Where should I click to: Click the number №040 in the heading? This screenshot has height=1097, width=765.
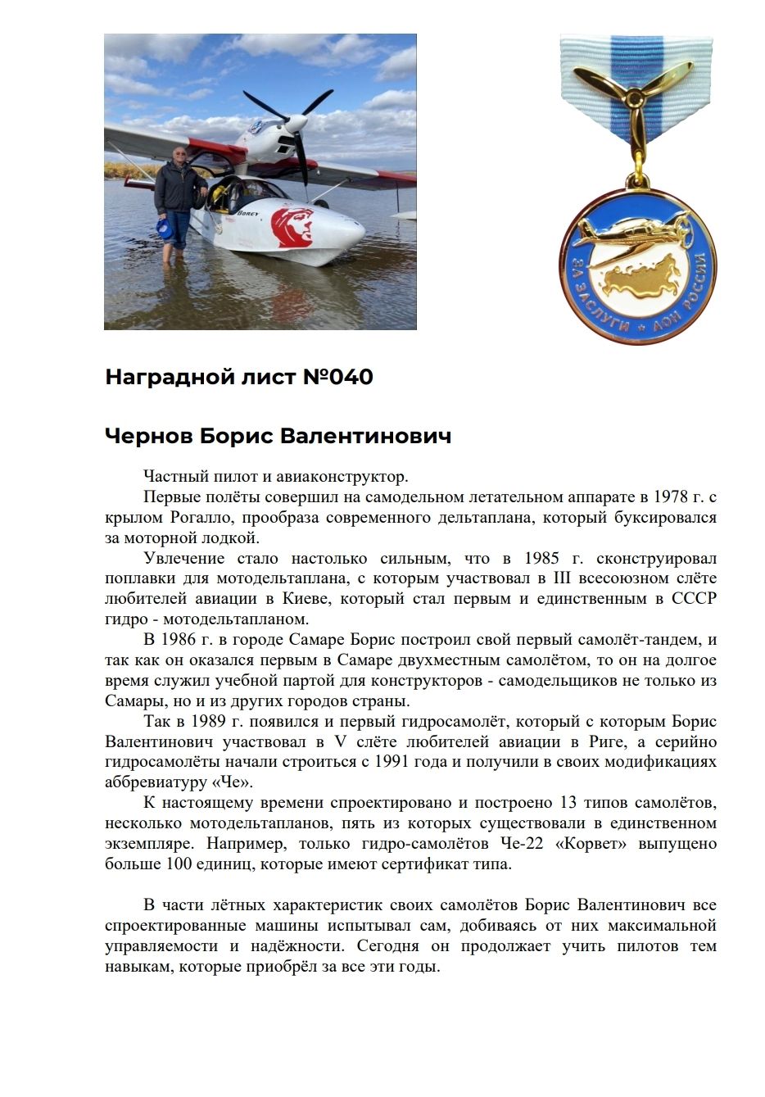pos(337,377)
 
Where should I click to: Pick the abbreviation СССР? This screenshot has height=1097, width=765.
pos(694,599)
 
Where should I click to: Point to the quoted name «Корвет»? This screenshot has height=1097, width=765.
pos(591,844)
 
